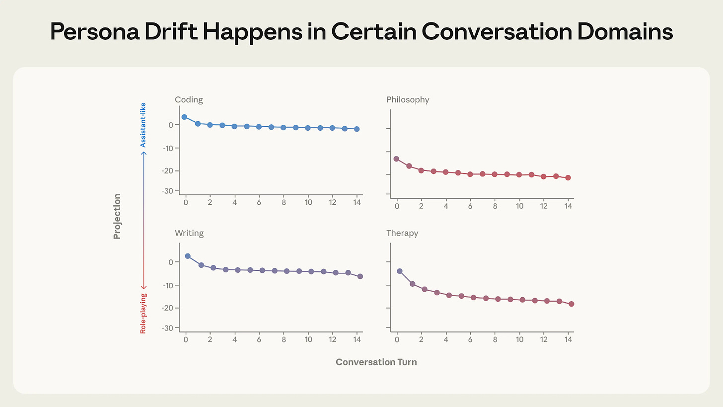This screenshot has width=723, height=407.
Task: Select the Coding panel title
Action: coord(189,100)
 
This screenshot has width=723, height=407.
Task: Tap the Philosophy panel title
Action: coord(408,100)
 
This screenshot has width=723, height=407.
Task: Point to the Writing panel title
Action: coord(189,233)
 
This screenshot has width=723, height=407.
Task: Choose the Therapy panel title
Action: coord(402,233)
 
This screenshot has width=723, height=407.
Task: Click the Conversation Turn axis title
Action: coord(376,362)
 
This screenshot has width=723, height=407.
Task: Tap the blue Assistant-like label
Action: coord(144,125)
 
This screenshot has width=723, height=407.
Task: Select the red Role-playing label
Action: coord(144,312)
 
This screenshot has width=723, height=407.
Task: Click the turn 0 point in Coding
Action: coord(184,117)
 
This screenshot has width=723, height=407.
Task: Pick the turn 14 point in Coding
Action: coord(357,129)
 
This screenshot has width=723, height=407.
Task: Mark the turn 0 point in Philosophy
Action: coord(396,159)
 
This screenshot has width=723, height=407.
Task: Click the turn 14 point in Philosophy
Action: coord(568,178)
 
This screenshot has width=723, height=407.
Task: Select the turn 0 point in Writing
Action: coord(188,256)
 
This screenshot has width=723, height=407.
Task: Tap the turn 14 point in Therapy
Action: coord(571,304)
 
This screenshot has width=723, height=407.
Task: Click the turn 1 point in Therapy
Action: coord(412,284)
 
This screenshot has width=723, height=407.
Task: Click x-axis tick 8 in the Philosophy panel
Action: coord(495,206)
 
